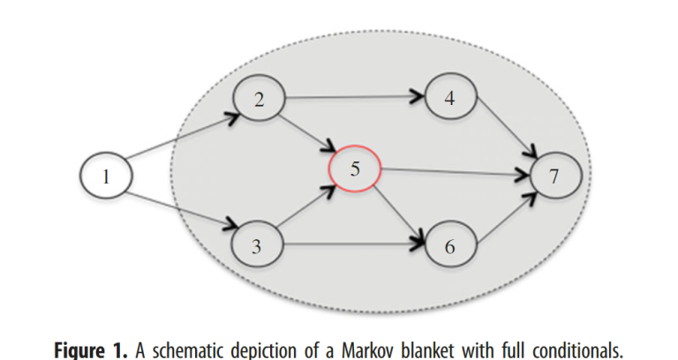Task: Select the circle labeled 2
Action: pos(259,100)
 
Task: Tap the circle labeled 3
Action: pos(257,246)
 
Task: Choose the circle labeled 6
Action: pos(450,246)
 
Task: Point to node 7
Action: pos(554,176)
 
